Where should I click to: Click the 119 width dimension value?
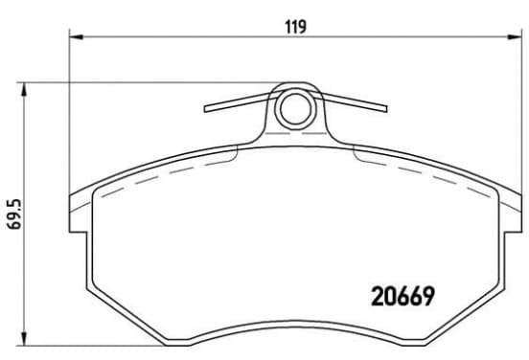pos(296,27)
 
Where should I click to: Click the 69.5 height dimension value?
pos(14,214)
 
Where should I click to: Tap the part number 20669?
pos(402,297)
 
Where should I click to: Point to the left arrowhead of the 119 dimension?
pos(77,36)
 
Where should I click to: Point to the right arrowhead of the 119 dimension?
pos(515,36)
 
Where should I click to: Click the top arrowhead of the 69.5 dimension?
pos(24,90)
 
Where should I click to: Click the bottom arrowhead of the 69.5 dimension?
pos(24,338)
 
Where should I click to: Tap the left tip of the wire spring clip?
pos(206,108)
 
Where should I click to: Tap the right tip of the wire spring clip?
pos(385,108)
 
